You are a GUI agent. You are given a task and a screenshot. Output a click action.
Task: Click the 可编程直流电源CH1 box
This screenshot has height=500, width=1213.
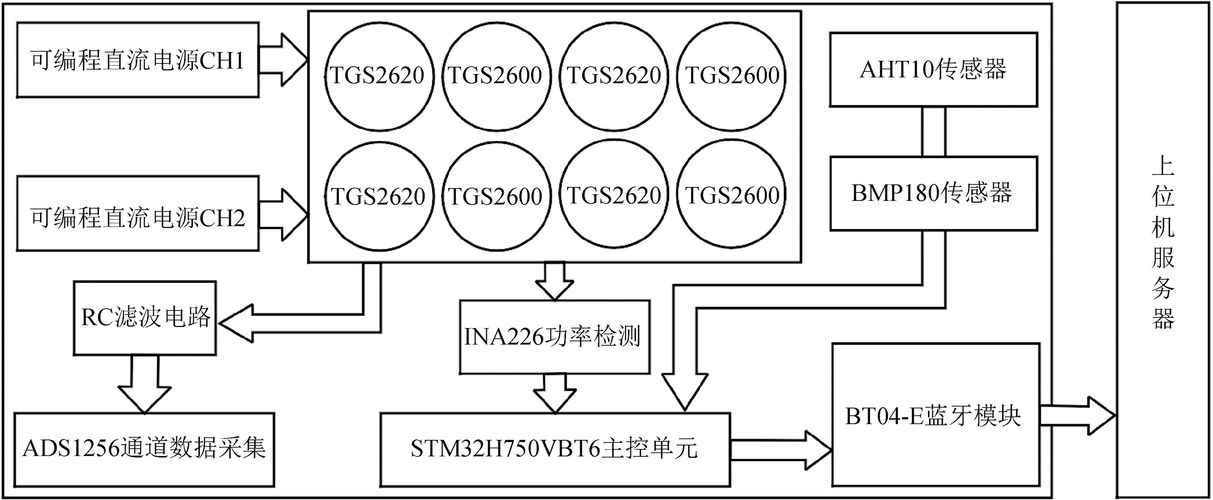click(138, 60)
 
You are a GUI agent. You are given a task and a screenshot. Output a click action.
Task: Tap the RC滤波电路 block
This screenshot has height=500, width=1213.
click(145, 318)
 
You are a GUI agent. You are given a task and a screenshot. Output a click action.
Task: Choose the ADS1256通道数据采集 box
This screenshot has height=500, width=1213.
click(144, 449)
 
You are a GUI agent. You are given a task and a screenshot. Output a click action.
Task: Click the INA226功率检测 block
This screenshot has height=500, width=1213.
click(554, 337)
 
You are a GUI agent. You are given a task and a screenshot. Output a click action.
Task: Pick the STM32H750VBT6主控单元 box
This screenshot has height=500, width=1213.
click(555, 449)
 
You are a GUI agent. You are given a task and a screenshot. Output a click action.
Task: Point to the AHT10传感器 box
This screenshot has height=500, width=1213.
click(933, 69)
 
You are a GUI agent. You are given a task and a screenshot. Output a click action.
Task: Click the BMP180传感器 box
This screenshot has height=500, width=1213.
click(933, 193)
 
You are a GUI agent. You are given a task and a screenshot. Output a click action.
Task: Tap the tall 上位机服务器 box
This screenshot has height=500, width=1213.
click(1163, 250)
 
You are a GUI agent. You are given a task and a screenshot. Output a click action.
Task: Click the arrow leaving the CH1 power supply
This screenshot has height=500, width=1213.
click(284, 60)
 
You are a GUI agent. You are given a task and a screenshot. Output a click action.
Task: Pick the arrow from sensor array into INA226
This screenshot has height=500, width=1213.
click(554, 281)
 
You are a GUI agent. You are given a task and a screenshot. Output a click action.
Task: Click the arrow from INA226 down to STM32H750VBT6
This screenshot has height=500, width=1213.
click(554, 393)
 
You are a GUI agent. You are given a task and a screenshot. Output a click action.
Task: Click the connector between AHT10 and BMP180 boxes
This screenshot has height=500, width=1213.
click(933, 132)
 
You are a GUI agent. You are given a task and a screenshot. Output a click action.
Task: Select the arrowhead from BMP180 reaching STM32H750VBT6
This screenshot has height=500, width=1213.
click(685, 393)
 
